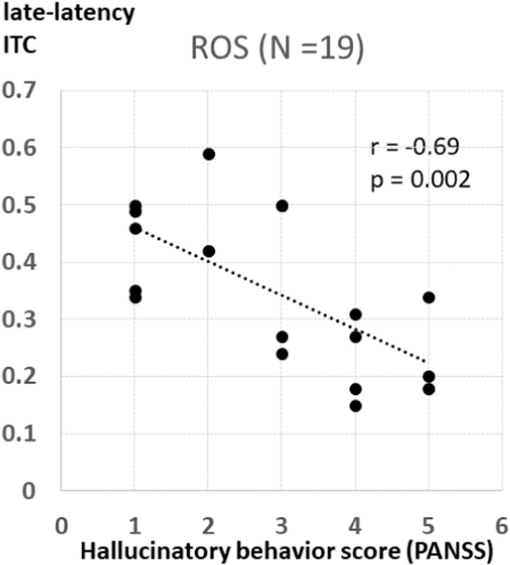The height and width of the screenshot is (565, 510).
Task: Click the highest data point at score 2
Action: pos(209,154)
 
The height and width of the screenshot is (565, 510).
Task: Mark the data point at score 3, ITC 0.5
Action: pos(282,206)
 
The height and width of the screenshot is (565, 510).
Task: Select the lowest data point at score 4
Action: pos(355,406)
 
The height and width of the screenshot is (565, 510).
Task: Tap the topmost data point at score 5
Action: pos(428,297)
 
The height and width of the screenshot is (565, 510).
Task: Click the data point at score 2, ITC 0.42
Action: pos(209,252)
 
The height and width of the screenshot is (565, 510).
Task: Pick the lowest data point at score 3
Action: pos(282,354)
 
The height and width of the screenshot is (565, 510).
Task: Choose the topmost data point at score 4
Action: pos(355,314)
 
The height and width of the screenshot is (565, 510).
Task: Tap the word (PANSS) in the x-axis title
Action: pos(449,551)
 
